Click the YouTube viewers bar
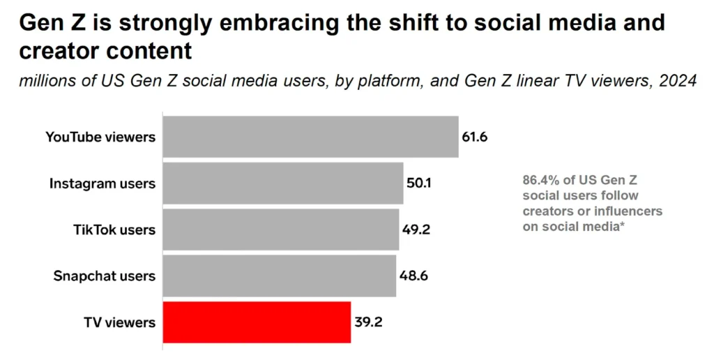[x=310, y=137]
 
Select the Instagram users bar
[x=283, y=183]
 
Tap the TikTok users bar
[x=281, y=230]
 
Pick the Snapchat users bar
[x=280, y=276]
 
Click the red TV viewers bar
[x=257, y=322]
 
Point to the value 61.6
[x=474, y=137]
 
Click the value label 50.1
[x=419, y=183]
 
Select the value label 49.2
[x=416, y=230]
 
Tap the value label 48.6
[x=413, y=276]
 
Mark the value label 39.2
[x=367, y=322]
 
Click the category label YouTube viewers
[x=100, y=137]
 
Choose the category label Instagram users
[x=102, y=183]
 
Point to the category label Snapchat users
[x=105, y=276]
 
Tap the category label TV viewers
[x=120, y=322]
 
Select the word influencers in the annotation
[x=631, y=211]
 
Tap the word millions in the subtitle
[x=45, y=81]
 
